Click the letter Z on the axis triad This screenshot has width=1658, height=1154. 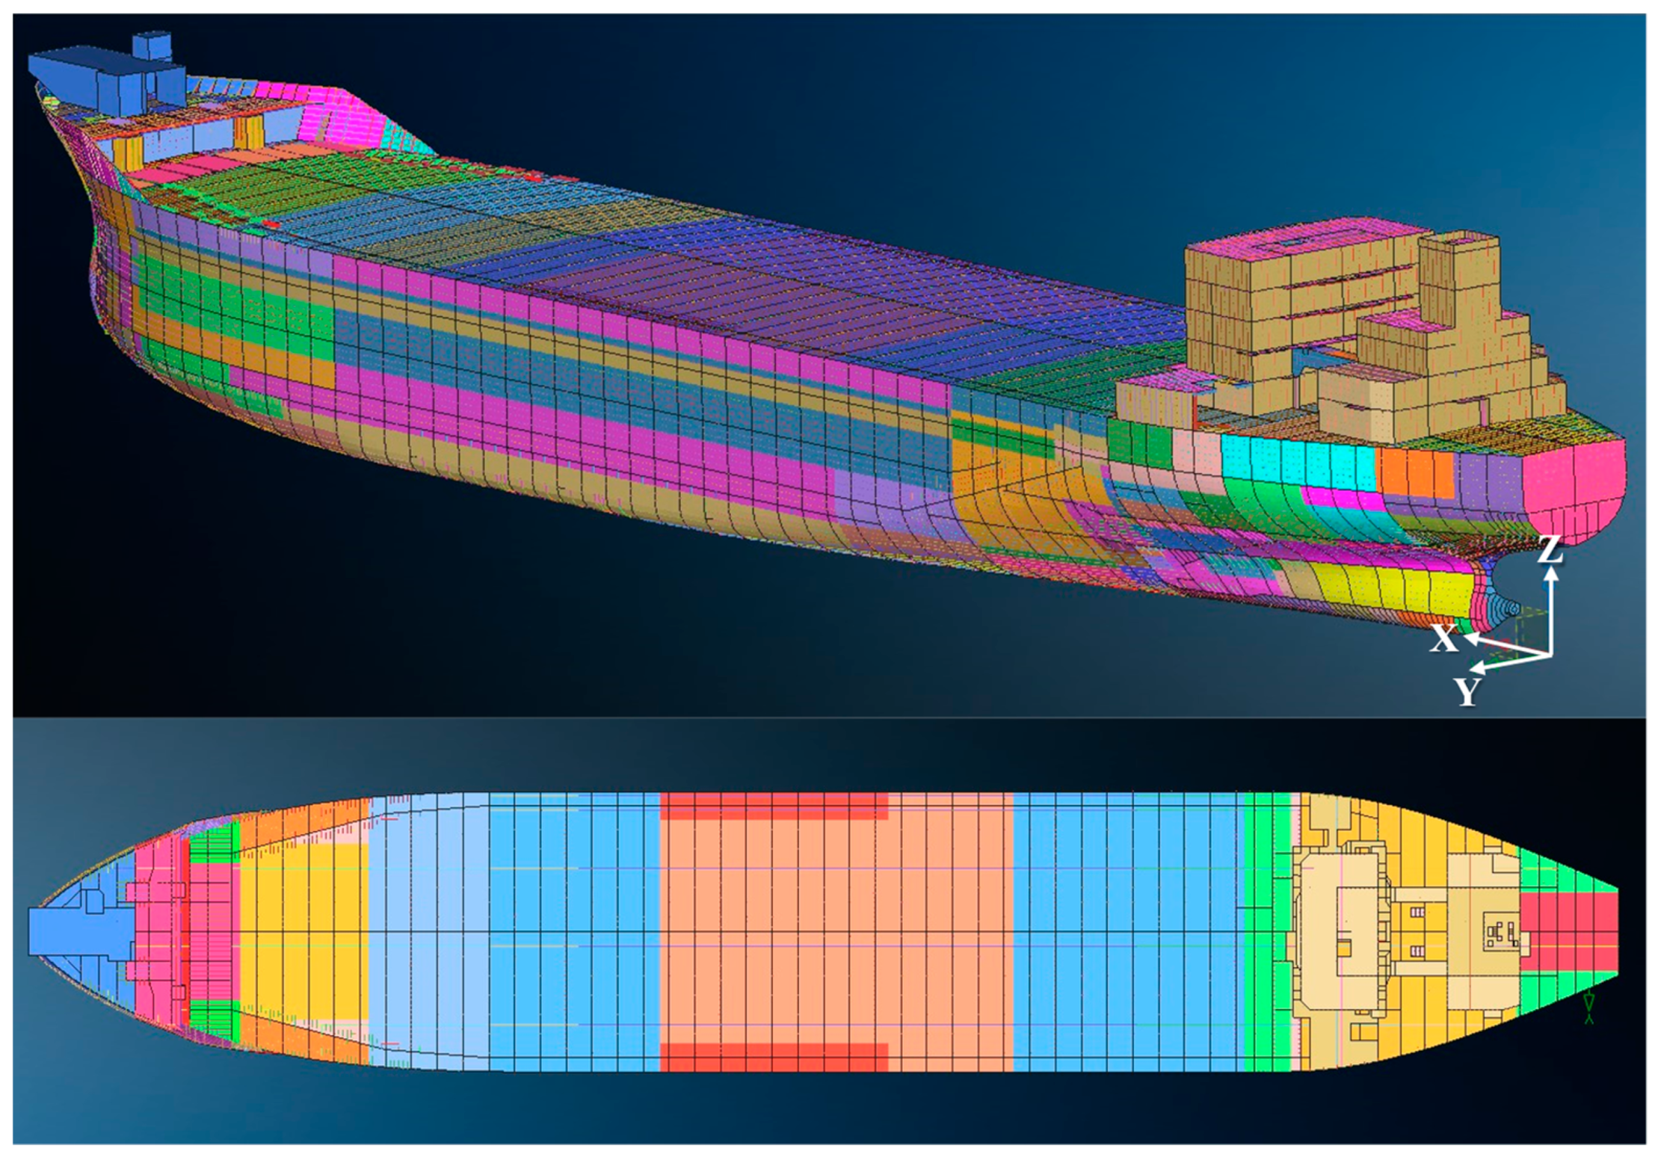[1550, 550]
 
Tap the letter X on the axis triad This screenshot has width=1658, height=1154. [1443, 639]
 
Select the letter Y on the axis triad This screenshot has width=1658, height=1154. [1467, 691]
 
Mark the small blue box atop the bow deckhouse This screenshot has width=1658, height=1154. [152, 46]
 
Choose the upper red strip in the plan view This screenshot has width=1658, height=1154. [773, 806]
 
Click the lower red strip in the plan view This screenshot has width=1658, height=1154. [773, 1057]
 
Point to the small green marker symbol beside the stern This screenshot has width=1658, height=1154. [1589, 1008]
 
